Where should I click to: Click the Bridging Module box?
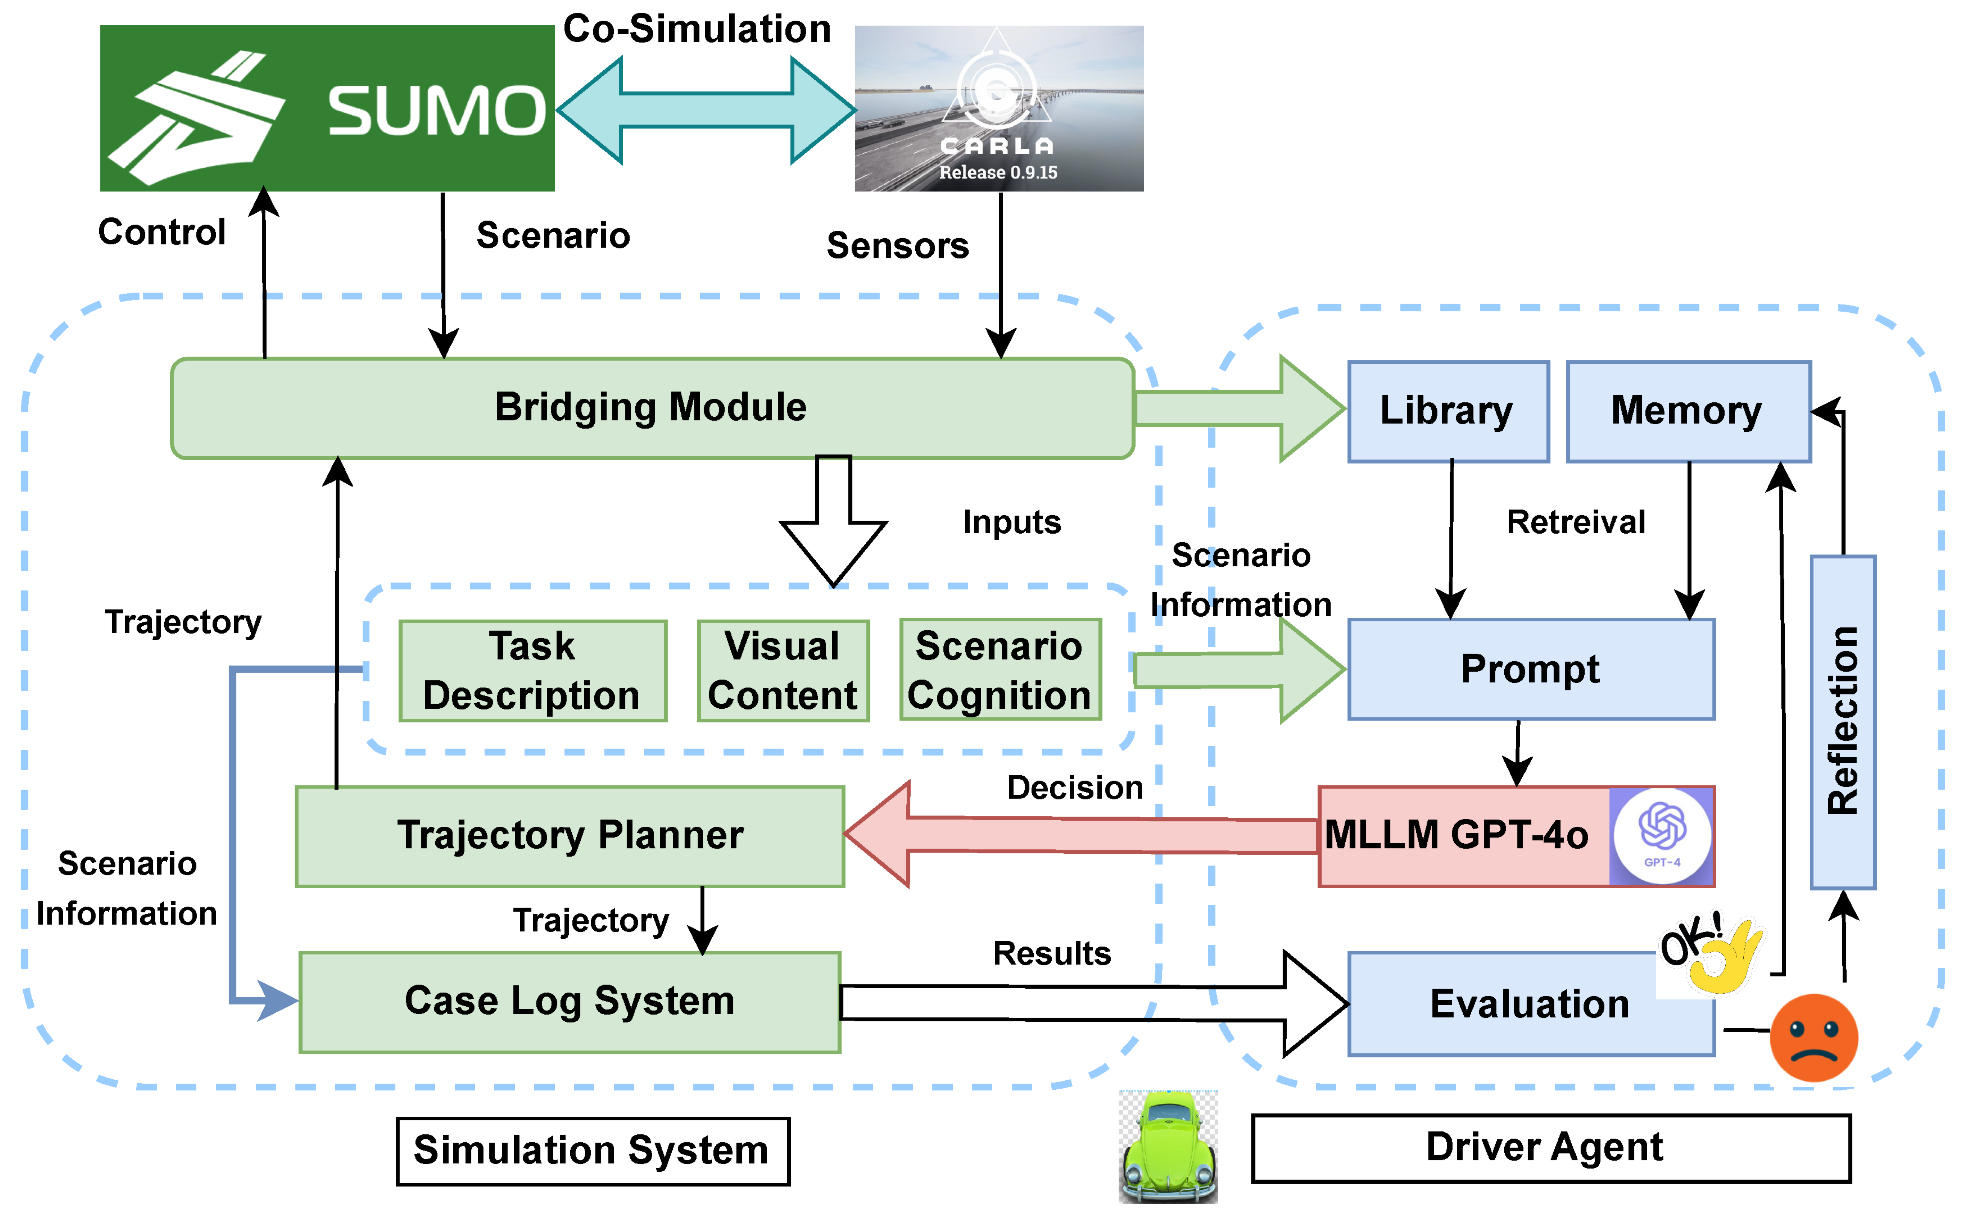tap(651, 408)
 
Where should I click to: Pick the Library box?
tap(1448, 411)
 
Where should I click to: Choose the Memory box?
tap(1688, 411)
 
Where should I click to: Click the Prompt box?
tap(1530, 669)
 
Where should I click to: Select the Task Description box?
tap(532, 671)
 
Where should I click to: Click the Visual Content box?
tap(782, 671)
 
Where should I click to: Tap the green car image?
tap(1168, 1146)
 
